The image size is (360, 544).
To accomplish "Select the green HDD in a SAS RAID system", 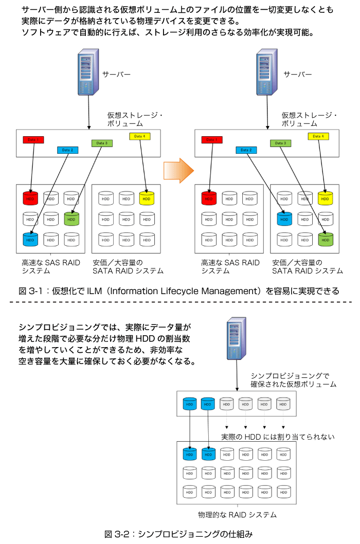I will point(71,219).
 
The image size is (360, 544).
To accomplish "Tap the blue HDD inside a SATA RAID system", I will point(284,219).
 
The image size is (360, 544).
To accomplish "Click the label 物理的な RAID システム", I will point(238,515).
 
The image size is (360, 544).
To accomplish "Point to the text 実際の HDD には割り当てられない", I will point(278,437).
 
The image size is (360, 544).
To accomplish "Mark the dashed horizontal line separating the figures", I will point(180,302).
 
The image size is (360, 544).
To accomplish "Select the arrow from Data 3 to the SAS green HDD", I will point(86,177).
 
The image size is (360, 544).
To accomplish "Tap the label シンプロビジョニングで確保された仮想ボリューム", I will point(293,380).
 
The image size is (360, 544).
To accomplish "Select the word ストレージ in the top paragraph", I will point(177,32).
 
